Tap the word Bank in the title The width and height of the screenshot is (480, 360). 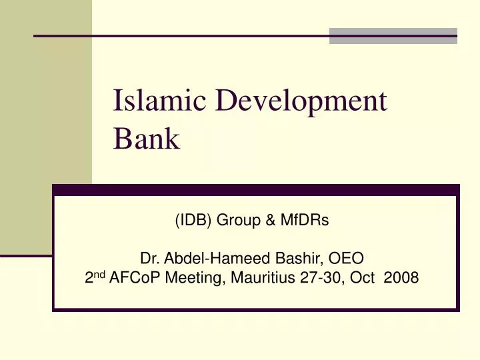coord(147,139)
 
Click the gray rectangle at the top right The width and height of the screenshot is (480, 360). coord(393,35)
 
